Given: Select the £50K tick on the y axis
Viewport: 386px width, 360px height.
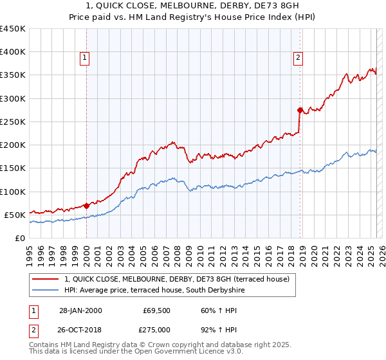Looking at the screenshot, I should click(15, 215).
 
